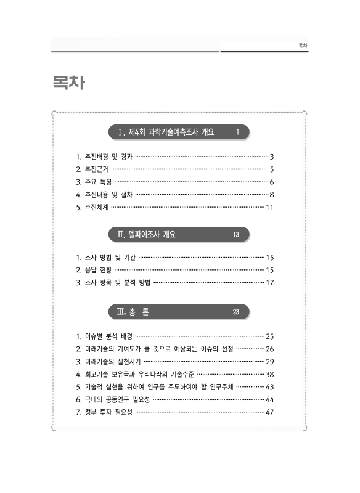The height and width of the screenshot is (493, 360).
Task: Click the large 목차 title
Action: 68,83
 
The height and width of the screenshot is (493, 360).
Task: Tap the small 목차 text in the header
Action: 302,45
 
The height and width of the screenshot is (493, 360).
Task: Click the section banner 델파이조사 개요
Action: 151,234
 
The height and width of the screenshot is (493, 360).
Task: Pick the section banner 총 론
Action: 139,312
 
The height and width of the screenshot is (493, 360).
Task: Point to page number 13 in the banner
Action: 236,234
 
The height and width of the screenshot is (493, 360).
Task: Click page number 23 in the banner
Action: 235,312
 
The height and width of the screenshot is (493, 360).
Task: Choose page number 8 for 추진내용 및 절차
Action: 271,195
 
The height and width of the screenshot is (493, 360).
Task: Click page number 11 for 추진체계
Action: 269,207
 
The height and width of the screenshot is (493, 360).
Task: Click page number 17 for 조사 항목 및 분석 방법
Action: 269,283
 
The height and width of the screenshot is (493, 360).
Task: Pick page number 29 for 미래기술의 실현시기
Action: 269,361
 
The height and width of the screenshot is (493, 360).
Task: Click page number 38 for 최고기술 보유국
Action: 269,374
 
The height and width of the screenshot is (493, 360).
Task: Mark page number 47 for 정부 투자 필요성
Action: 269,412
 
